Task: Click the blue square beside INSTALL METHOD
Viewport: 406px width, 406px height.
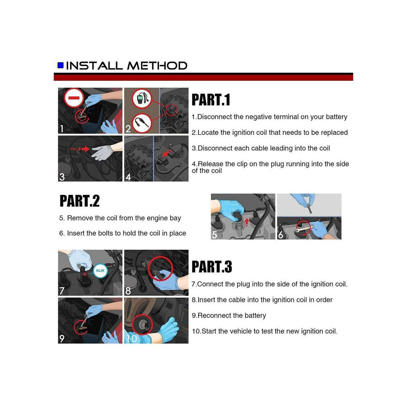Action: tap(61, 65)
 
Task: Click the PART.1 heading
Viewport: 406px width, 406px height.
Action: tap(211, 100)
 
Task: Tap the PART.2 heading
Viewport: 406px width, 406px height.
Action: tap(80, 201)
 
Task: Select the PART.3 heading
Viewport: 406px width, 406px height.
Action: tap(212, 267)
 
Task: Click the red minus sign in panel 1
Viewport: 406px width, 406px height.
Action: tap(74, 98)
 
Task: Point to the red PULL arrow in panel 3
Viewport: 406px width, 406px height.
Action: tap(85, 149)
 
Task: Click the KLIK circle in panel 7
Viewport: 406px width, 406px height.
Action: tap(100, 271)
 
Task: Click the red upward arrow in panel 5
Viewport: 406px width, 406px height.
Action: tap(247, 221)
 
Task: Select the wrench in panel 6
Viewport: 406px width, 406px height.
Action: tap(304, 229)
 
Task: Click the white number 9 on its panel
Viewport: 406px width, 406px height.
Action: tap(62, 338)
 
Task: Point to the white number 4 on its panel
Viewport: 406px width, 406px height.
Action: tap(128, 177)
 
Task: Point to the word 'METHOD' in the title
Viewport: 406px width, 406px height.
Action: tap(157, 66)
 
